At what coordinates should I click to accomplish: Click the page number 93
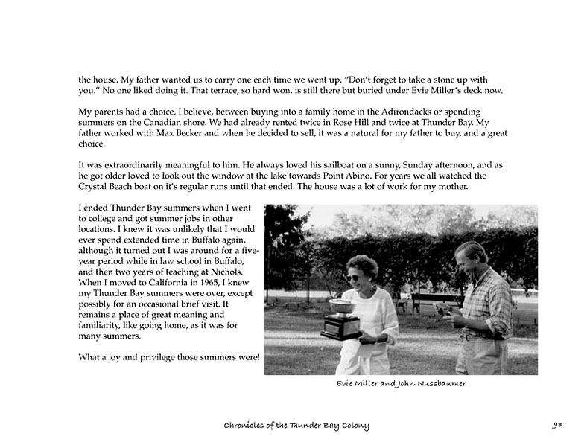(556, 426)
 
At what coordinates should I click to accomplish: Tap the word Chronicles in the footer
(250, 426)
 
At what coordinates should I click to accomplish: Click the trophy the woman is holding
(342, 319)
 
